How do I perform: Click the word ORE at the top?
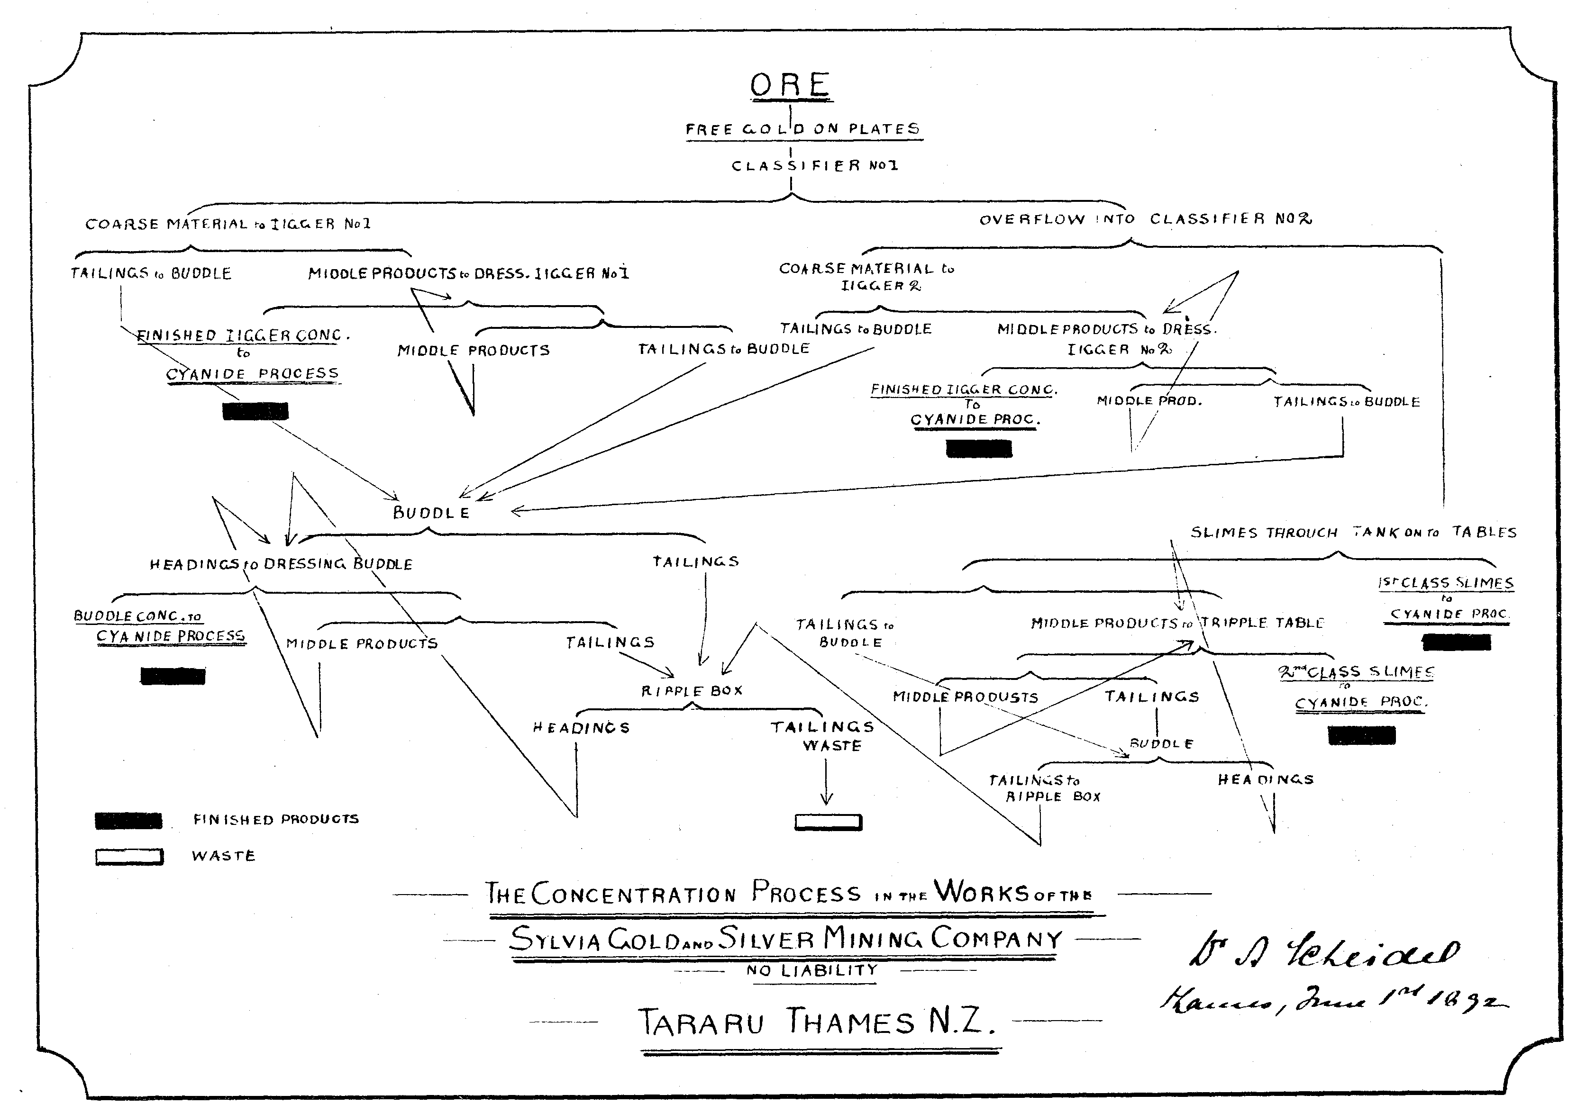pyautogui.click(x=790, y=86)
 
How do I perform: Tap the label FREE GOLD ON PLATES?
pyautogui.click(x=803, y=129)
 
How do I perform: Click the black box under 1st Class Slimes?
pyautogui.click(x=1456, y=642)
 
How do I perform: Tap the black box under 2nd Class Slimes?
pyautogui.click(x=1361, y=735)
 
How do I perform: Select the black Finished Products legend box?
pyautogui.click(x=128, y=820)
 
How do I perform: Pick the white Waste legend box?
pyautogui.click(x=129, y=856)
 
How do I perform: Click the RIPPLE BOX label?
pyautogui.click(x=692, y=691)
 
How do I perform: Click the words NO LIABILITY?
pyautogui.click(x=812, y=970)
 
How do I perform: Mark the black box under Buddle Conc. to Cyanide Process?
pyautogui.click(x=173, y=676)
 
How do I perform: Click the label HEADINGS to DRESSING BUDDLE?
pyautogui.click(x=281, y=564)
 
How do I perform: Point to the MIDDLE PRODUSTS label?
pyautogui.click(x=965, y=697)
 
